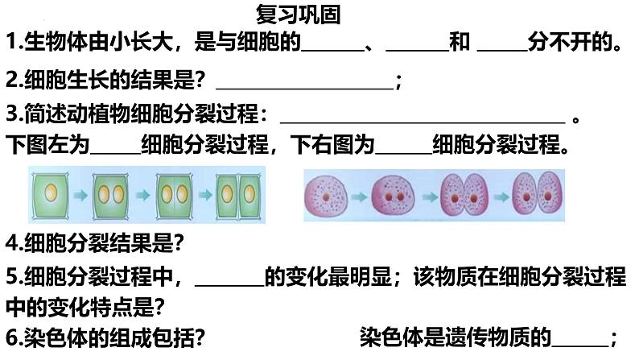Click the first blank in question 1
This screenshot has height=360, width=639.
pyautogui.click(x=332, y=45)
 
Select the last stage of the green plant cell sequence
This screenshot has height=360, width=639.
pyautogui.click(x=240, y=194)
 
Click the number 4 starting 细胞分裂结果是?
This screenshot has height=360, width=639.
pyautogui.click(x=10, y=242)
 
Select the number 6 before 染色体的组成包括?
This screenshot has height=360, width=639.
pyautogui.click(x=10, y=337)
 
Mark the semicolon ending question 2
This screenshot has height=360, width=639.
pyautogui.click(x=399, y=81)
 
